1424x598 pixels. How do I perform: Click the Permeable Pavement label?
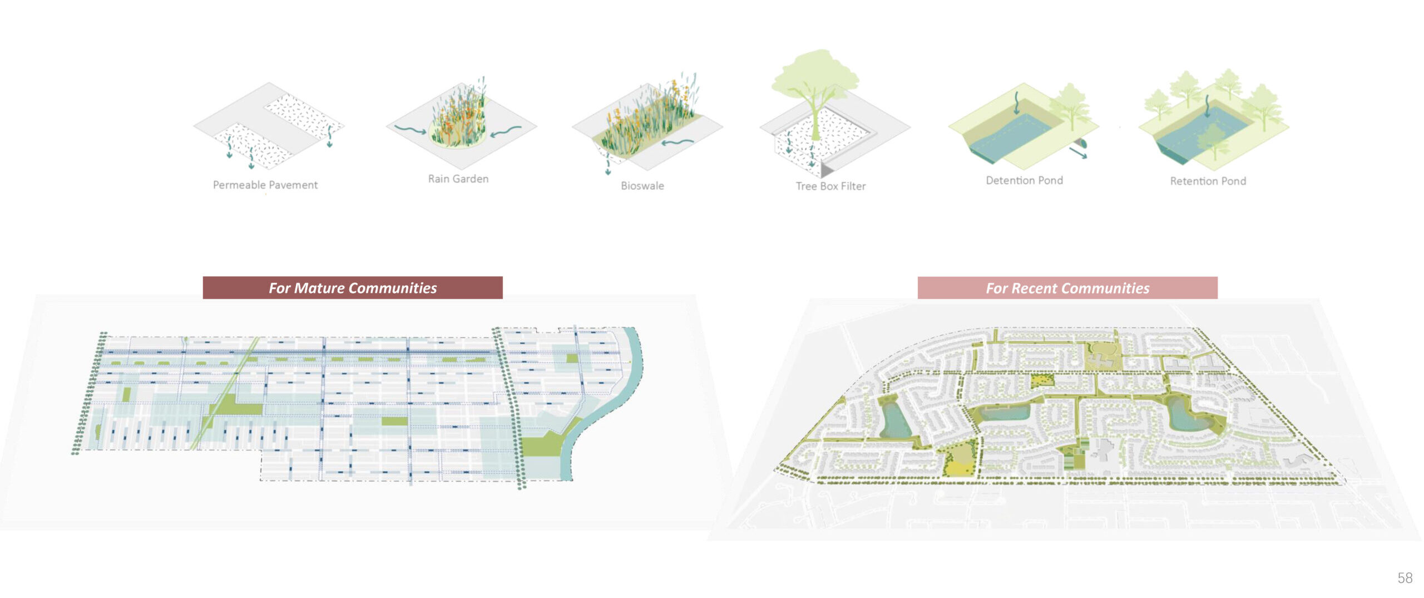[x=265, y=185]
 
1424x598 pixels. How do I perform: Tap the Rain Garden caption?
[x=458, y=179]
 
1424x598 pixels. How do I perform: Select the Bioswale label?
[x=642, y=186]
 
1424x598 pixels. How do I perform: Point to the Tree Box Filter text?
[x=830, y=187]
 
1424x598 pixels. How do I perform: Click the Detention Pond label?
[x=1024, y=180]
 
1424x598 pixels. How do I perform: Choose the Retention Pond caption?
[x=1208, y=181]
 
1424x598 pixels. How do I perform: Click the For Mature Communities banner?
[x=353, y=288]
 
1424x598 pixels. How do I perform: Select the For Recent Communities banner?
[x=1067, y=288]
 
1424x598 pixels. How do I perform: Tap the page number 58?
[x=1405, y=578]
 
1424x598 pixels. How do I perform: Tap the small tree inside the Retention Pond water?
[x=1212, y=139]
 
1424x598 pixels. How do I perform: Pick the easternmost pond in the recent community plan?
[x=1188, y=415]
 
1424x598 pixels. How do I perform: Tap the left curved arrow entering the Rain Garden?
[x=411, y=130]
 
